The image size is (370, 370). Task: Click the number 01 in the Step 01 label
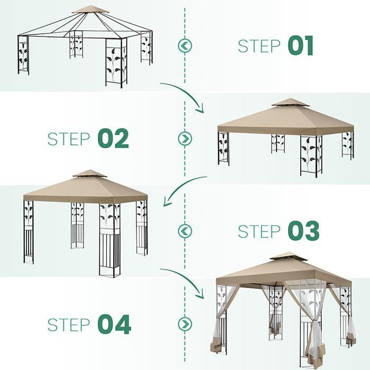(x=301, y=46)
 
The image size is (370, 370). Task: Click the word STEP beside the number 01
(x=260, y=46)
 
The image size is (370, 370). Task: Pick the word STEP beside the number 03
(x=260, y=231)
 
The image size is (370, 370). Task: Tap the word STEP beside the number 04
(x=69, y=324)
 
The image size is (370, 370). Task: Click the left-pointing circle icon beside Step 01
(x=185, y=46)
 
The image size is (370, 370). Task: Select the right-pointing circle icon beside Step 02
(x=185, y=138)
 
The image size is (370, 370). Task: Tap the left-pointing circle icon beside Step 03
(x=185, y=231)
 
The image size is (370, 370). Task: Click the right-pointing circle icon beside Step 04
(x=185, y=324)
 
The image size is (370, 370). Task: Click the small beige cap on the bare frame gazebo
(x=91, y=10)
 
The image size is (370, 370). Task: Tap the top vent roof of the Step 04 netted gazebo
(x=288, y=256)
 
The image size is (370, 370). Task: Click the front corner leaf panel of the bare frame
(x=116, y=63)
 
